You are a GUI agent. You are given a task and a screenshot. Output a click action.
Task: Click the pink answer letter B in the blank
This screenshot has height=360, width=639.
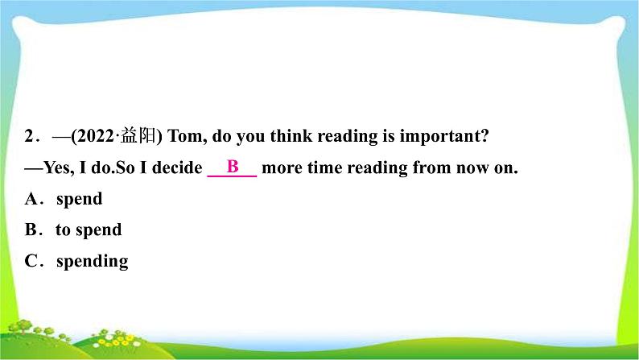click(233, 167)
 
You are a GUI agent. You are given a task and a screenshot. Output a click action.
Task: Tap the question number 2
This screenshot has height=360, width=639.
click(29, 136)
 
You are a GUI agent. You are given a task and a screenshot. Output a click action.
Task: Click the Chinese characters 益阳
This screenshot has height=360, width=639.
click(138, 135)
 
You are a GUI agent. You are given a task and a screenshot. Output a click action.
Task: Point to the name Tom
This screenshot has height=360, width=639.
click(184, 136)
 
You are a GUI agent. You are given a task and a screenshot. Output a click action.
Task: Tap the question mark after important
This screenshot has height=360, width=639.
click(484, 136)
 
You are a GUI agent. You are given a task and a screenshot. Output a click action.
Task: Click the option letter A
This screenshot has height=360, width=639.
click(31, 199)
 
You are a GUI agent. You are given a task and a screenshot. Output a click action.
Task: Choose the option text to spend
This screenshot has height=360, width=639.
click(89, 230)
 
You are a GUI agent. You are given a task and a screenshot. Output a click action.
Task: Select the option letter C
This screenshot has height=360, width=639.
click(31, 261)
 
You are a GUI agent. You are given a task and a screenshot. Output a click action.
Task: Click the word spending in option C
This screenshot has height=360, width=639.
click(92, 262)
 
